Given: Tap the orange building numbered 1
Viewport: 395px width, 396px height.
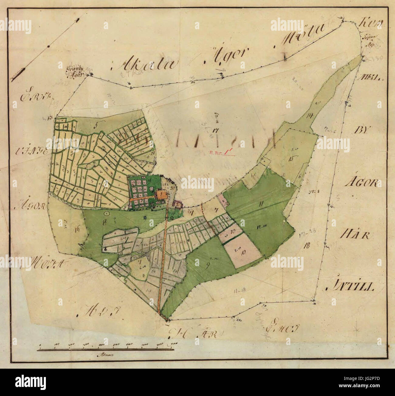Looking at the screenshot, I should [160, 194].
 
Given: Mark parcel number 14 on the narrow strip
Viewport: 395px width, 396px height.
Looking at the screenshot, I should [310, 115].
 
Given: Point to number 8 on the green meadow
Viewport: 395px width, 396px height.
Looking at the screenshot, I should [105, 222].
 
